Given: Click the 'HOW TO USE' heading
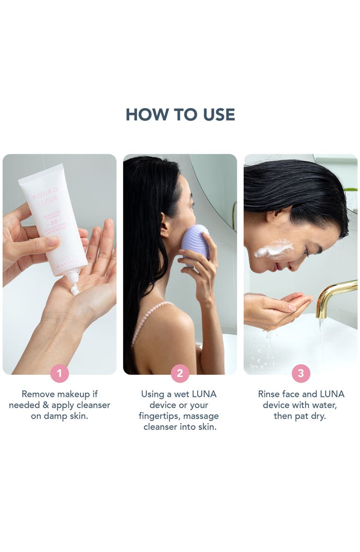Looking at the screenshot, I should click(x=180, y=115).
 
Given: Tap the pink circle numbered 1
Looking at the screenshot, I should click(x=60, y=373).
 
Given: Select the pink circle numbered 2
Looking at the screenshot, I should click(x=180, y=373).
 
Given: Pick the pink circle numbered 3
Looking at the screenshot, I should click(x=300, y=373).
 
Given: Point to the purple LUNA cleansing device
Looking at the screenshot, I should click(x=196, y=242).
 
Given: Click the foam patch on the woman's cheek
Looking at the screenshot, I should click(x=274, y=249).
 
